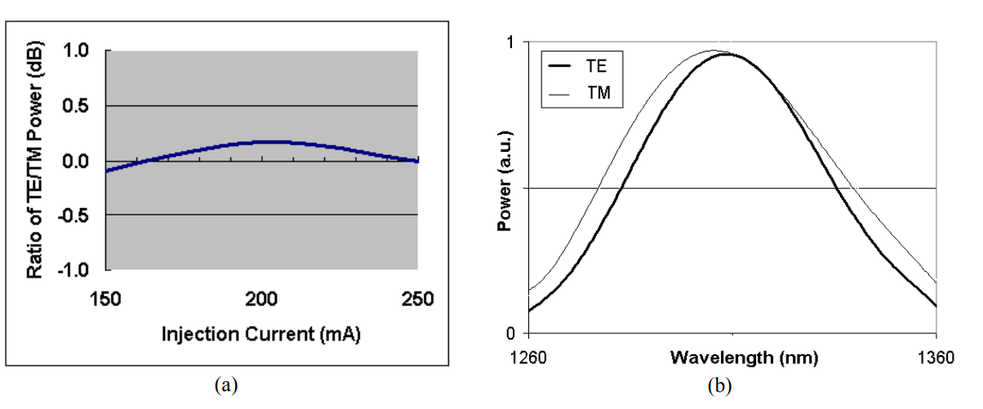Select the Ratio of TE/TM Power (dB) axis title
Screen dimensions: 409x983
[x=35, y=160]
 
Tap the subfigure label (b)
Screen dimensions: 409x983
[x=719, y=385]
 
